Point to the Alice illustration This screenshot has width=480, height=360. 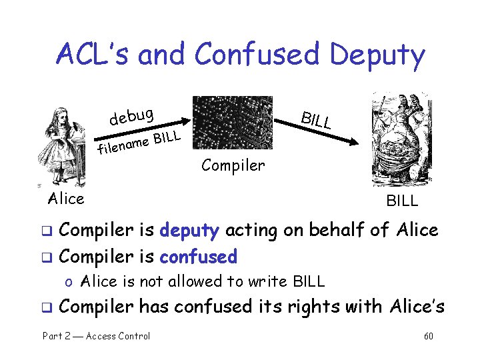[x=61, y=148]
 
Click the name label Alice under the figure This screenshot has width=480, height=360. [x=66, y=199]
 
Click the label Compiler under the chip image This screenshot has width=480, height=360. [x=233, y=165]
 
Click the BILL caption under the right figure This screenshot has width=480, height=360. [x=402, y=201]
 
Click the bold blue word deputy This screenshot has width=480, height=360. [x=189, y=231]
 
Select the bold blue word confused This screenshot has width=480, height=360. [x=198, y=257]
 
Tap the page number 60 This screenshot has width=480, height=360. [x=428, y=336]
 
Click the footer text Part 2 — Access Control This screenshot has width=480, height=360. [x=97, y=336]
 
